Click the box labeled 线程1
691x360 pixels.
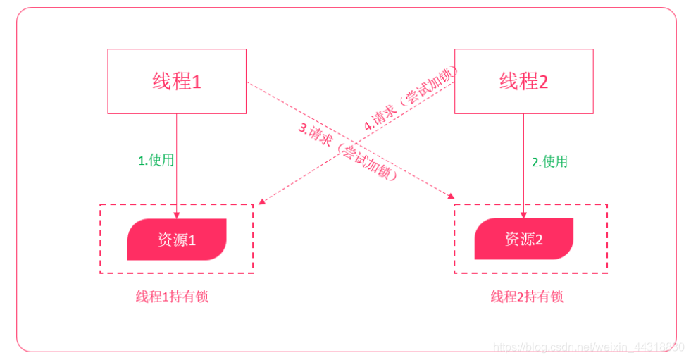[176, 81]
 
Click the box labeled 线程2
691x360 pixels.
[523, 81]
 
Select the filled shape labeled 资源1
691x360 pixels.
[176, 240]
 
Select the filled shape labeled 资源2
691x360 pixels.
[523, 240]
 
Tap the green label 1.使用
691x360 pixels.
[156, 160]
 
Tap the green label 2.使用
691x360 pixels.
[549, 161]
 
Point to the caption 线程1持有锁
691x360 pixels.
[172, 297]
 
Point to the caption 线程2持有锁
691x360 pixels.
[527, 297]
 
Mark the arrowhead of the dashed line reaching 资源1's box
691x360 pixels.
[261, 202]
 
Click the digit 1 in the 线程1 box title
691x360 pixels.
[197, 81]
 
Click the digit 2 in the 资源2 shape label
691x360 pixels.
[540, 240]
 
